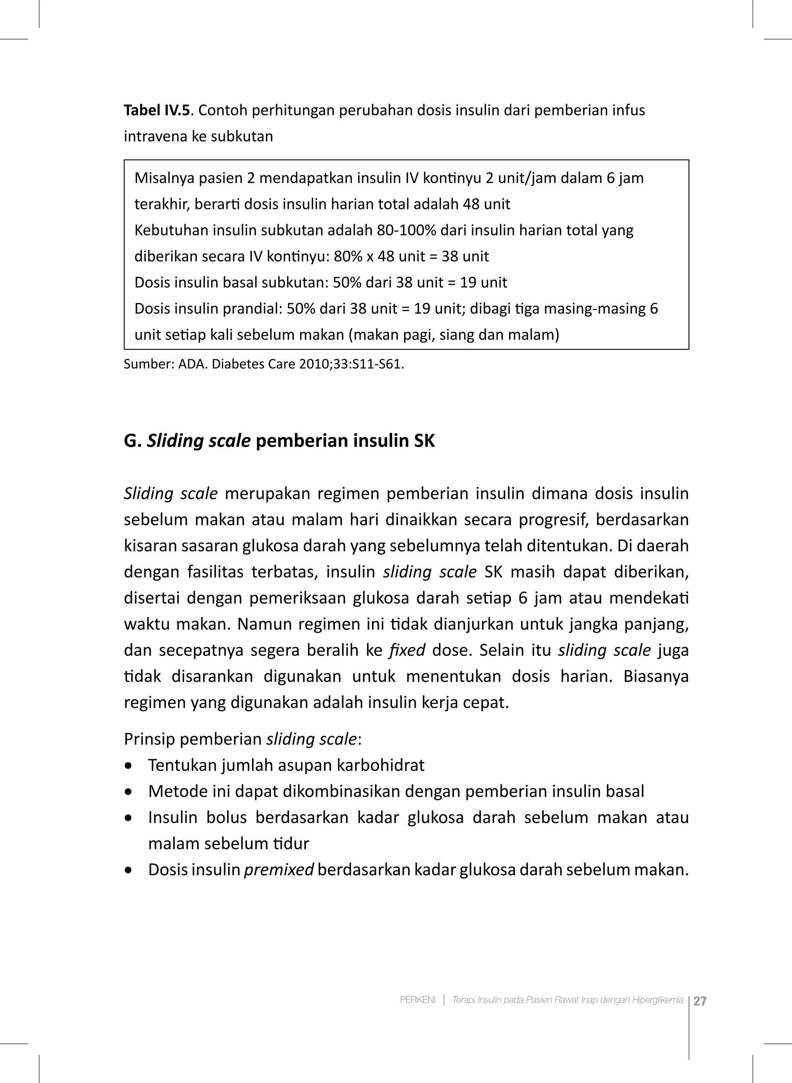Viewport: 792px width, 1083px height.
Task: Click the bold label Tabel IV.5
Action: point(157,111)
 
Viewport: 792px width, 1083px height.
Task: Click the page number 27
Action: point(700,1001)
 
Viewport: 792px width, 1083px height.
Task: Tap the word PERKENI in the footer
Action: point(418,1000)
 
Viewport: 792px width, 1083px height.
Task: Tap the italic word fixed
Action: point(407,651)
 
